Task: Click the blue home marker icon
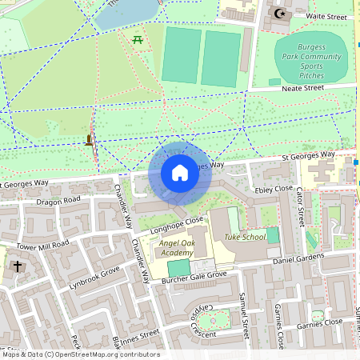tap(179, 172)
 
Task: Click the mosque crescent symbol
tap(279, 14)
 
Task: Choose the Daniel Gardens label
tap(298, 259)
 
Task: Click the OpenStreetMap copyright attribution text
tap(80, 354)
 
